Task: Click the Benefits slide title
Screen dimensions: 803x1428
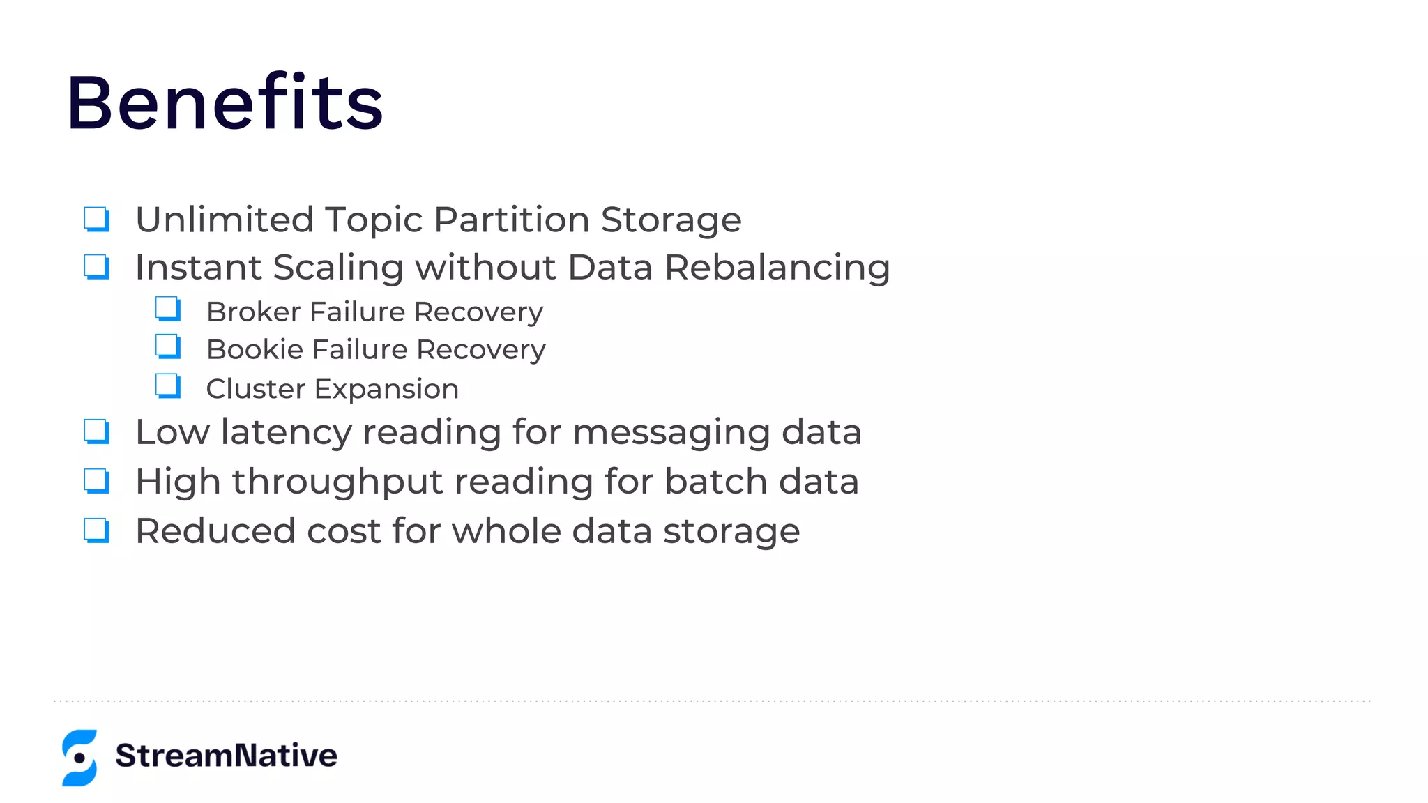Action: point(225,102)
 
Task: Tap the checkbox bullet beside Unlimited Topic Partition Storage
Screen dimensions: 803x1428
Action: point(96,218)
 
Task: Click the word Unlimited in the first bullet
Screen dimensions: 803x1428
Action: point(225,220)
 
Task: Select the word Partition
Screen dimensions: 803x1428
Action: point(512,220)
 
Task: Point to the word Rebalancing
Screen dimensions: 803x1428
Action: point(777,268)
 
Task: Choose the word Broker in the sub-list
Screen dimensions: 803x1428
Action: point(254,312)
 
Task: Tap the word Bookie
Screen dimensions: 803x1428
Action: point(255,349)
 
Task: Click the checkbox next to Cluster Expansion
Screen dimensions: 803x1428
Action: point(168,385)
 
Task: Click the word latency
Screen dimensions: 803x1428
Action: point(286,432)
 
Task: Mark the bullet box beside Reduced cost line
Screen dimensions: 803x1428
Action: point(96,530)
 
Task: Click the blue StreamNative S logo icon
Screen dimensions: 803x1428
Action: point(79,758)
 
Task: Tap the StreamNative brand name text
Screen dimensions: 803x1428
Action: point(226,756)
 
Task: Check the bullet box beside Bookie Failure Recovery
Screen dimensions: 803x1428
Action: point(168,346)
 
